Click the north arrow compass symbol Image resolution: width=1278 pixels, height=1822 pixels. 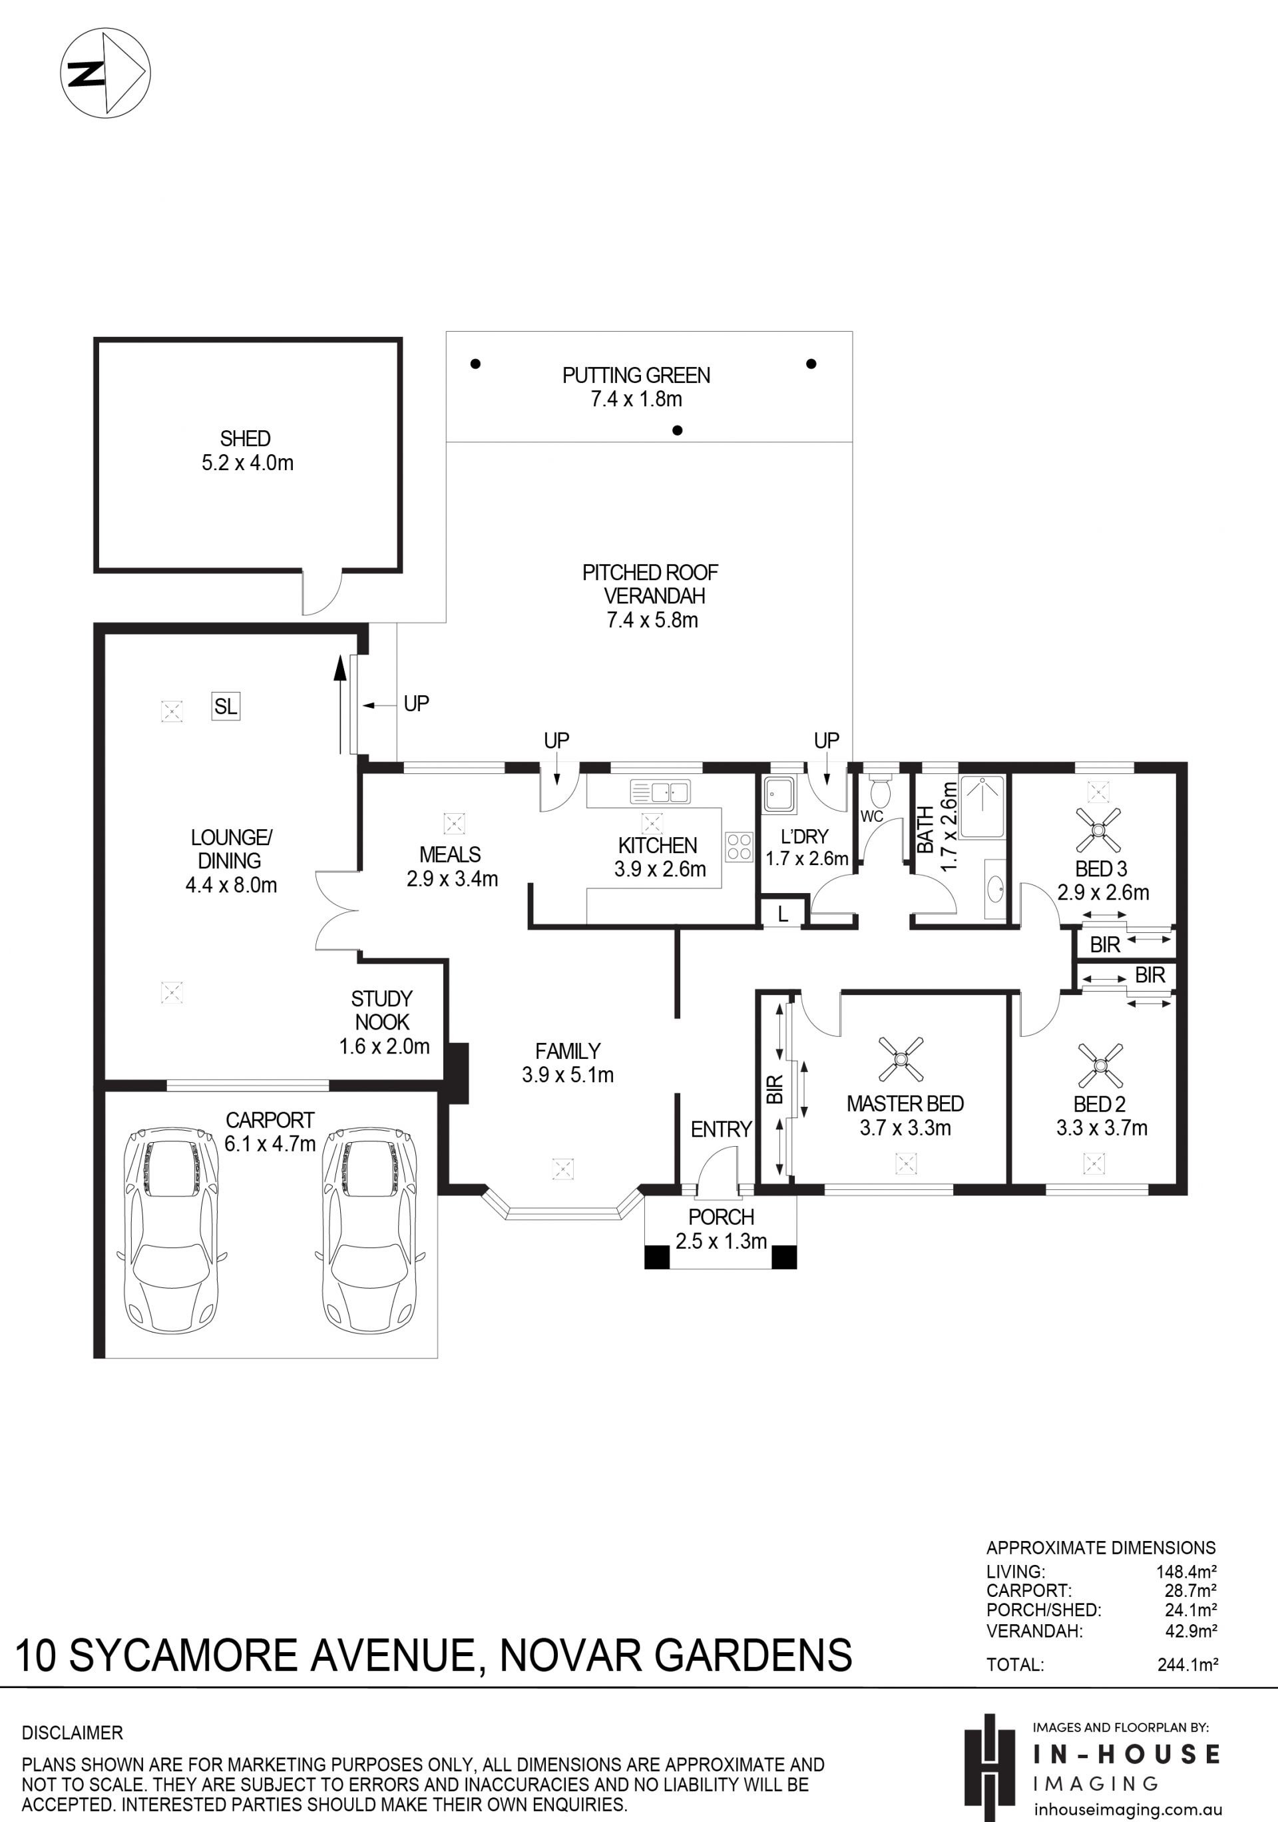[x=106, y=74]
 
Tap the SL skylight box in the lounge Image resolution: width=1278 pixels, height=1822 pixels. [x=226, y=705]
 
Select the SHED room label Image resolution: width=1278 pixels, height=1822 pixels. [x=245, y=438]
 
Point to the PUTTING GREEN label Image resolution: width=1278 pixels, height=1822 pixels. [x=636, y=376]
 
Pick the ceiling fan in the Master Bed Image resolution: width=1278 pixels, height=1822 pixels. [x=901, y=1059]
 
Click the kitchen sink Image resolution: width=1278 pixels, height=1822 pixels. [x=660, y=792]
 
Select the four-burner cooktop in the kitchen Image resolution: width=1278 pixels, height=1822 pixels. [x=739, y=846]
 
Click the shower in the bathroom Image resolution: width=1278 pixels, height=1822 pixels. [x=982, y=807]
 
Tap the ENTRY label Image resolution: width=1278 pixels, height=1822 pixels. [x=721, y=1129]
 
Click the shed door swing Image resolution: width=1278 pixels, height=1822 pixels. [x=321, y=593]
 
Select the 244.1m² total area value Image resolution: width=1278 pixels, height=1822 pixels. [x=1187, y=1664]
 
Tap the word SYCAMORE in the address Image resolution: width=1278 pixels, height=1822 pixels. [x=184, y=1656]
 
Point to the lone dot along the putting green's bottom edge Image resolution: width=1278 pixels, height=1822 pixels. [x=678, y=431]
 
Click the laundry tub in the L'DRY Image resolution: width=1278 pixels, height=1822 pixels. [x=779, y=794]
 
